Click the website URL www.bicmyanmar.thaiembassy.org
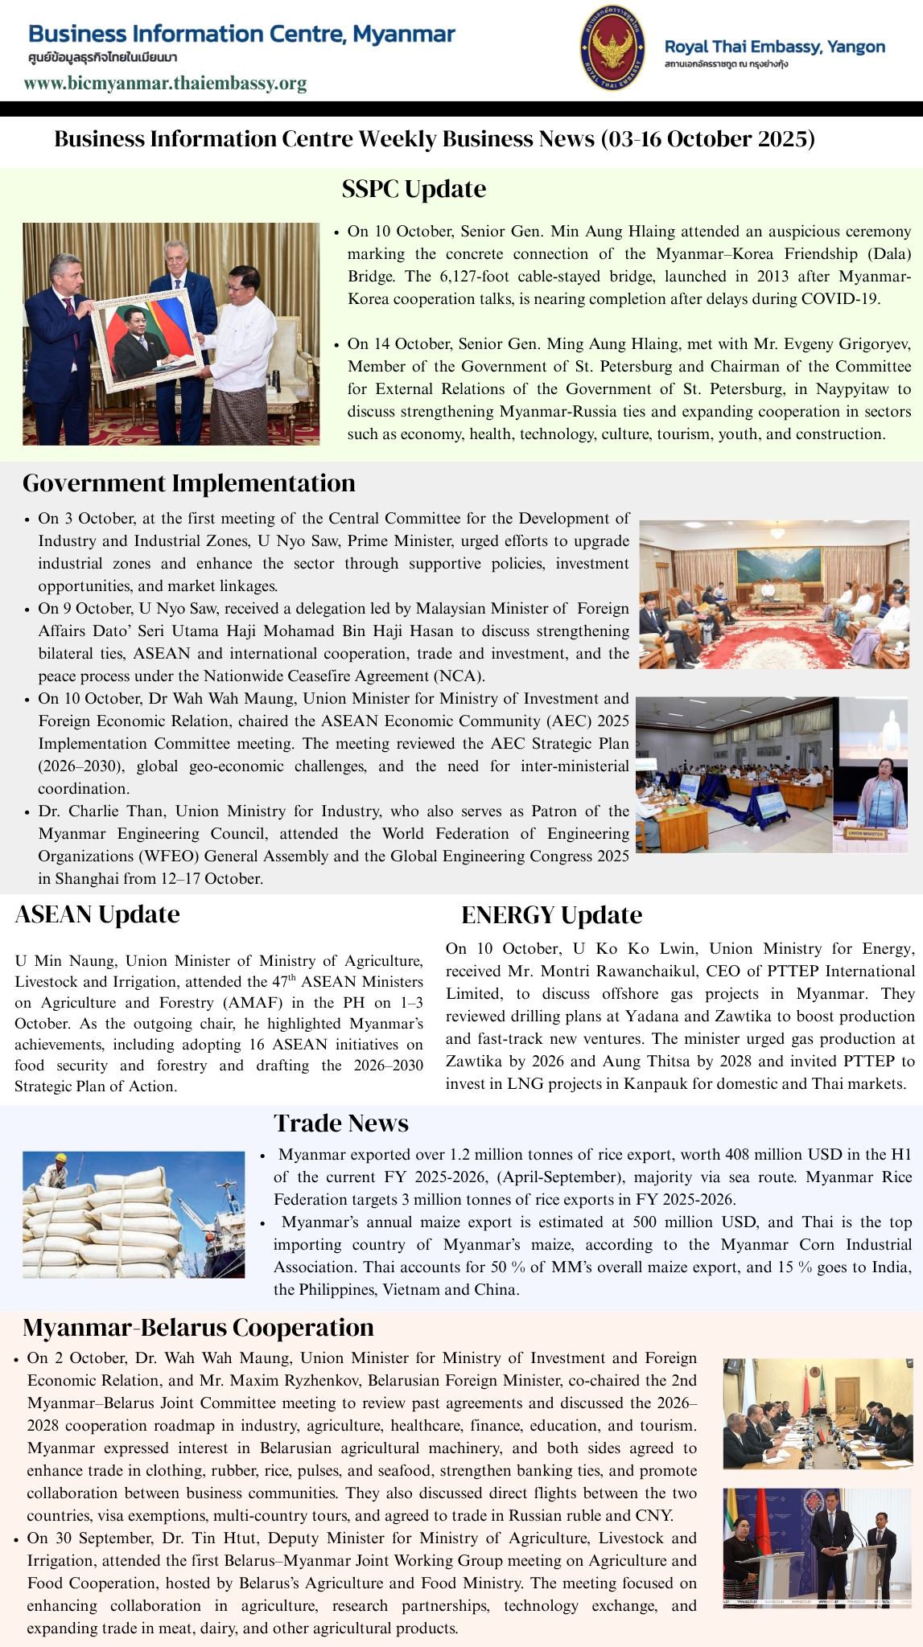click(165, 84)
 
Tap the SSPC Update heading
click(414, 189)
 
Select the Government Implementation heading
click(189, 483)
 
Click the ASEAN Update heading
click(97, 914)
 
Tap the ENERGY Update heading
click(551, 915)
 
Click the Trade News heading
click(341, 1123)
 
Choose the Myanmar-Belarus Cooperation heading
click(198, 1327)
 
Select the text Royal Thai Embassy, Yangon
click(774, 47)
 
